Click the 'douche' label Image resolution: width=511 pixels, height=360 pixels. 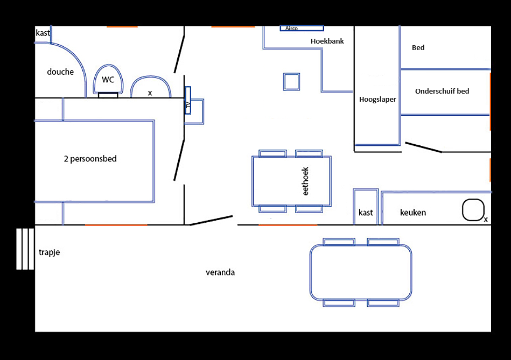60,72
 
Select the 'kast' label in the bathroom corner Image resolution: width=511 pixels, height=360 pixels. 43,33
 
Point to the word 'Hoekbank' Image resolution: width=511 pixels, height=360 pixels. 327,41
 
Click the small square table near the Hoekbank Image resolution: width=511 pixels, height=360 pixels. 291,82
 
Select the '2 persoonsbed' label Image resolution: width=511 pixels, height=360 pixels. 90,159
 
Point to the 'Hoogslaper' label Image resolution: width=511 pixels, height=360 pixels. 377,100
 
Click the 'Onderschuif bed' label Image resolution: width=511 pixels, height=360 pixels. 442,91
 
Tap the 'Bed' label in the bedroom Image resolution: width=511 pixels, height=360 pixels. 418,48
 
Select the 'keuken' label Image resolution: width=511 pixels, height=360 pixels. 413,213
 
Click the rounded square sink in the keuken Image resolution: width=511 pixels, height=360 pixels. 473,210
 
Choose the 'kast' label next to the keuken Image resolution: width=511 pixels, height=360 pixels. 366,213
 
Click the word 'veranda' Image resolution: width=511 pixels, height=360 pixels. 220,273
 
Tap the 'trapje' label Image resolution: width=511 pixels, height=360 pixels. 49,252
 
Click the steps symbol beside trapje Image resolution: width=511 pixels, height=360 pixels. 25,249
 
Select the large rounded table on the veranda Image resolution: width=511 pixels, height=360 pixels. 360,272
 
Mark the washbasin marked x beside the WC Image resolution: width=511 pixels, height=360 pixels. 150,88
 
